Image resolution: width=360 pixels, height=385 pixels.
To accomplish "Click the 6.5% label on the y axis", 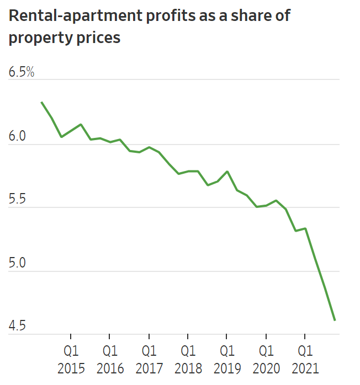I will pyautogui.click(x=22, y=72).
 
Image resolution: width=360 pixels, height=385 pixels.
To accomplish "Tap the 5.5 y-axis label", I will pyautogui.click(x=18, y=200).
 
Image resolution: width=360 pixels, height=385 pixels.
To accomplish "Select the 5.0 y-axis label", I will pyautogui.click(x=18, y=263).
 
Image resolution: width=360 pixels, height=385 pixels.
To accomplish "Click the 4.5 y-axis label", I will pyautogui.click(x=18, y=327).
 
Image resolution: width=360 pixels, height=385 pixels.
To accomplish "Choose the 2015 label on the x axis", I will pyautogui.click(x=71, y=368).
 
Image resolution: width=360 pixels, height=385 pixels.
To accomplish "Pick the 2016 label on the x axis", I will pyautogui.click(x=110, y=368).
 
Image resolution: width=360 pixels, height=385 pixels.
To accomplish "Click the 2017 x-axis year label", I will pyautogui.click(x=149, y=368).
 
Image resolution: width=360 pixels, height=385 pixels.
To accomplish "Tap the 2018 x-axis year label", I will pyautogui.click(x=188, y=368).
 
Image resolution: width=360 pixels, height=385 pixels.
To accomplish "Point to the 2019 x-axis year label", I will pyautogui.click(x=227, y=368).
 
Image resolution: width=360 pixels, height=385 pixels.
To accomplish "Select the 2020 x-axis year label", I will pyautogui.click(x=266, y=368).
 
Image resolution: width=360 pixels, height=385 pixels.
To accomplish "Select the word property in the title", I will pyautogui.click(x=35, y=39).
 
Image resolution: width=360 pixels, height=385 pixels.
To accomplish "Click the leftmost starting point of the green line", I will pyautogui.click(x=41, y=102).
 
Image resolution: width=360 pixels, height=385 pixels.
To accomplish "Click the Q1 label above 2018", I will pyautogui.click(x=188, y=350).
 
